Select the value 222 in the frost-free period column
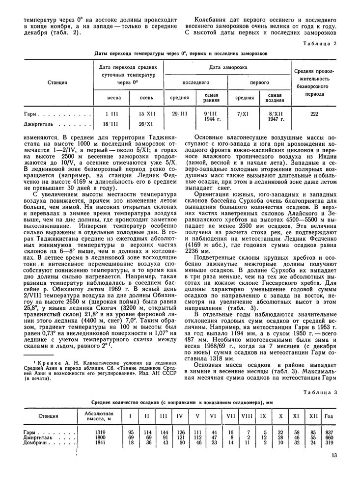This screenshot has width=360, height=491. (x=314, y=113)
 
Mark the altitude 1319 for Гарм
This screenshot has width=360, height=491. (x=99, y=432)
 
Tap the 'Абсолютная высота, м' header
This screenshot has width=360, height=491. (x=99, y=416)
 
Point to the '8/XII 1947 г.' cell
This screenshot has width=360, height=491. (x=275, y=116)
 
